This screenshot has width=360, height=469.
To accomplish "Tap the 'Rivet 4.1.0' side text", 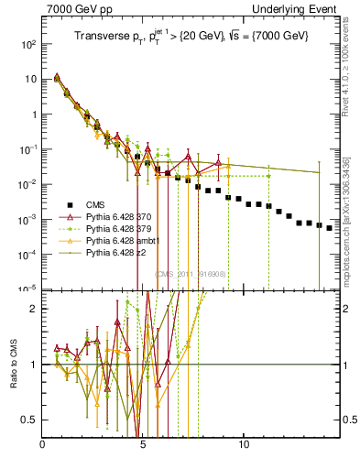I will [352, 69].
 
